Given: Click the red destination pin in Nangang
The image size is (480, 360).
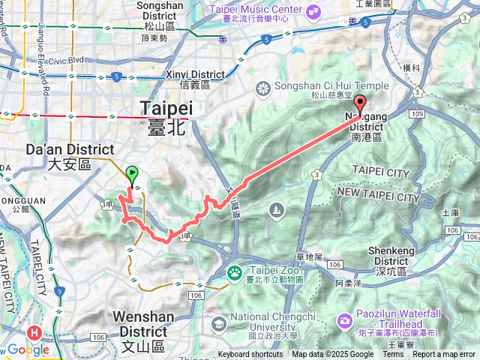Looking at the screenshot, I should tap(360, 105).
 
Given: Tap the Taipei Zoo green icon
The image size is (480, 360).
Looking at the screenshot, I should tap(236, 271).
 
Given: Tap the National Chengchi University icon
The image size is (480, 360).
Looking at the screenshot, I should tap(219, 324).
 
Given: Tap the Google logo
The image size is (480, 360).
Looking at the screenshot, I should tap(28, 350).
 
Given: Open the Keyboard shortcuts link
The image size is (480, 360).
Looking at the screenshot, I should tap(250, 355).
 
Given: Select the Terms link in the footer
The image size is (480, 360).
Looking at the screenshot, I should tap(393, 355).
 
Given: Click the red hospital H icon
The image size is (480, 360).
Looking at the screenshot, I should tap(33, 332).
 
